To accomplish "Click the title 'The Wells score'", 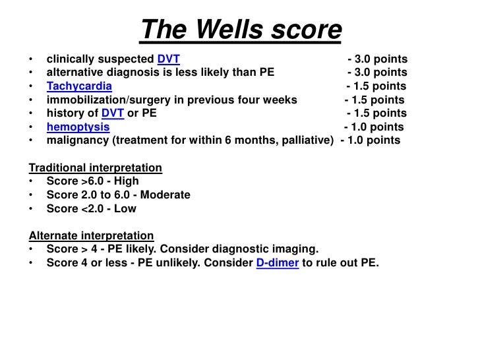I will point(241,29).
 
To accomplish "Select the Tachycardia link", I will point(79,86).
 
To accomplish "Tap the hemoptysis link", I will point(78,127).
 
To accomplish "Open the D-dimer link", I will point(277,262).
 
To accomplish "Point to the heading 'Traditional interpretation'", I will point(95,167).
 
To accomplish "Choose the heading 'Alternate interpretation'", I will point(91,235).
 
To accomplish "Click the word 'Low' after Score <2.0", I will point(125,208).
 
